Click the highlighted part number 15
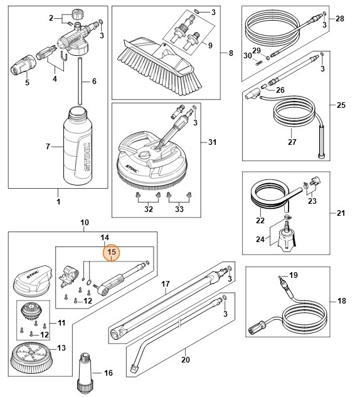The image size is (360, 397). coord(112,253)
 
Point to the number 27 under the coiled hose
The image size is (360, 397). coord(274,142)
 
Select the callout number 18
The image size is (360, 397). coord(341,302)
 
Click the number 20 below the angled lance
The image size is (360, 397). coord(184,359)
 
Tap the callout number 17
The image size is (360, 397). coord(166,283)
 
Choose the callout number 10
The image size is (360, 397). coord(85,223)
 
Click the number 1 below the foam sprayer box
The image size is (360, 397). coord(58,203)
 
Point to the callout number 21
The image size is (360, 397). coord(340,213)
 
